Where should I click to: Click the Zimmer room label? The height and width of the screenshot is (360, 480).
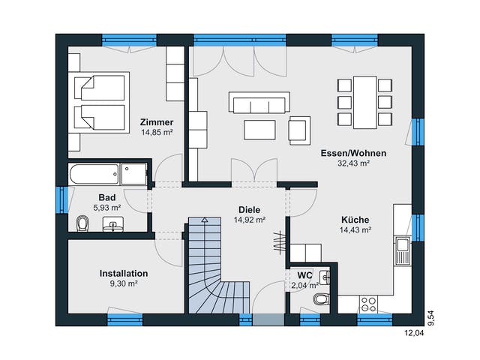[x=157, y=122]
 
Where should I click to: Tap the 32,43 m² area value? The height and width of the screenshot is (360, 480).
[x=353, y=163]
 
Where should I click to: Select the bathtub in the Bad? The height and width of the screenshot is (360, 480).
[x=94, y=174]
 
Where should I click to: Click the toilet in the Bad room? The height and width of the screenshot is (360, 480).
[x=82, y=223]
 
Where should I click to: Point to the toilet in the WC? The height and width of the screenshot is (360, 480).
[x=322, y=299]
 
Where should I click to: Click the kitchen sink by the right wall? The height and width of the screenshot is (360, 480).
[x=402, y=250]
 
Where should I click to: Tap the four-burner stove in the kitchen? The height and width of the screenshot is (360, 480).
[x=368, y=304]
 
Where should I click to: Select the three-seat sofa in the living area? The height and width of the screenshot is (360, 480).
[x=259, y=103]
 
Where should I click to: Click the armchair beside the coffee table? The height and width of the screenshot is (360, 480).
[x=299, y=130]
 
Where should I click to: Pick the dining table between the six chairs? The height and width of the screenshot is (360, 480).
[x=365, y=103]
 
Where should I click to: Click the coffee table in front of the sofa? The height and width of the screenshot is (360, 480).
[x=259, y=130]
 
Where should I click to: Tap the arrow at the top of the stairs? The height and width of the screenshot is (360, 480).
[x=205, y=220]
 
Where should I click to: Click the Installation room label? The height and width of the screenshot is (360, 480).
[x=124, y=273]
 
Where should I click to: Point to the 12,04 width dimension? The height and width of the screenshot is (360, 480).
[x=415, y=333]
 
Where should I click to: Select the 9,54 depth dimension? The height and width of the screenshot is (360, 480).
[x=430, y=318]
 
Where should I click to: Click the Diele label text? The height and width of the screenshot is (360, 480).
[x=250, y=210]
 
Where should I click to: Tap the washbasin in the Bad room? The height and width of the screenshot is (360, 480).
[x=113, y=224]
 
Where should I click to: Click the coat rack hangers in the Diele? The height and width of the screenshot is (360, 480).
[x=279, y=241]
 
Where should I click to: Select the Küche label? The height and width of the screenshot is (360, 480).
[x=355, y=220]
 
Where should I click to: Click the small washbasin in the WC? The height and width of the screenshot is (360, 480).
[x=325, y=277]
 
